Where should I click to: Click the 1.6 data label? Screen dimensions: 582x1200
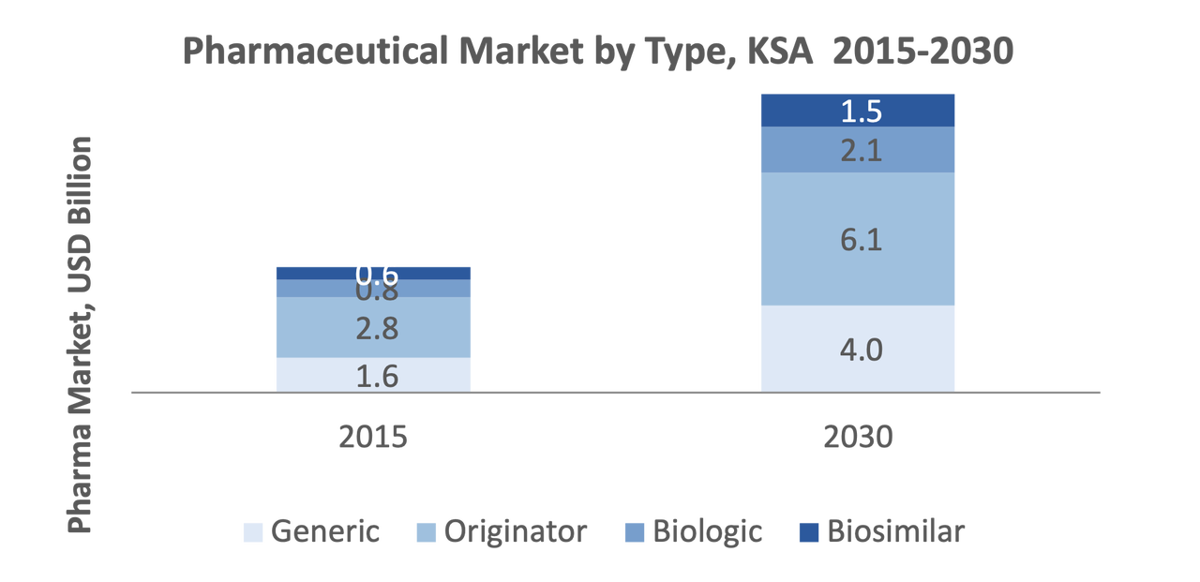click(378, 376)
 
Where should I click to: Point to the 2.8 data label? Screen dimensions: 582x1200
click(378, 329)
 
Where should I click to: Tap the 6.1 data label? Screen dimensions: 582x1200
click(861, 241)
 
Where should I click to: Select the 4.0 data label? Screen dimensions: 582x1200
click(861, 351)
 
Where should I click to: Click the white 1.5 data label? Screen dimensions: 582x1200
click(861, 112)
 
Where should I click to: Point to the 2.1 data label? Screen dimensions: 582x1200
click(861, 151)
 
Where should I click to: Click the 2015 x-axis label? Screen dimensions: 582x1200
click(373, 437)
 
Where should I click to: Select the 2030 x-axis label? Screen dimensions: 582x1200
click(858, 437)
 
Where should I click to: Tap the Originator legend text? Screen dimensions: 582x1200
click(516, 532)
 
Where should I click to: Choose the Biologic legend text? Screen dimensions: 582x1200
click(708, 532)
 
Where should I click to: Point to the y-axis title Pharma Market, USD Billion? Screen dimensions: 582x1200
click(81, 335)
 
